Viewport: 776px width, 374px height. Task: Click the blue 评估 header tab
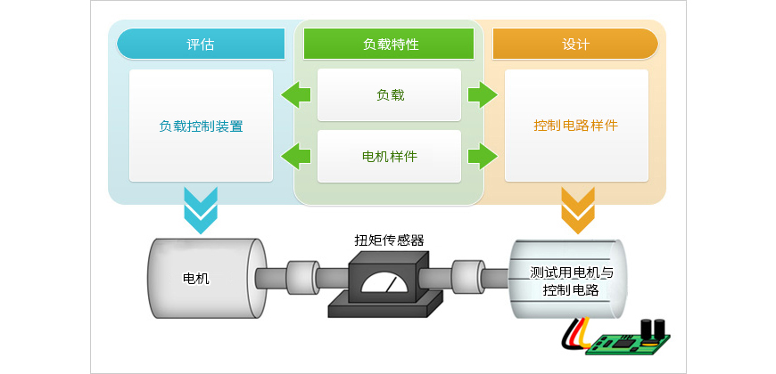pos(201,44)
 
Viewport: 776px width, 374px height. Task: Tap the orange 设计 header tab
pos(575,44)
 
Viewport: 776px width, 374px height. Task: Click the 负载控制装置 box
pos(201,126)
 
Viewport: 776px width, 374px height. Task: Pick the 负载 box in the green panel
pos(389,94)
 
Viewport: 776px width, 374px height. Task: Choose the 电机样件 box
pos(389,157)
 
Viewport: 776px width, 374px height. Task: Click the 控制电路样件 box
pos(575,126)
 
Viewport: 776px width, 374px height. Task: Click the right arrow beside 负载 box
pos(482,94)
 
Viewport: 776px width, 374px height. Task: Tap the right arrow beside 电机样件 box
pos(482,157)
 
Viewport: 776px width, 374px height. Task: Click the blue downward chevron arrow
pos(201,209)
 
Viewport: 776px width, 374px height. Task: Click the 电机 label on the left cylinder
pos(196,278)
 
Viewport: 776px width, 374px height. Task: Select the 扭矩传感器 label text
pos(389,240)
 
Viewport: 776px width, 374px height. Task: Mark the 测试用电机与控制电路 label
pos(572,281)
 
